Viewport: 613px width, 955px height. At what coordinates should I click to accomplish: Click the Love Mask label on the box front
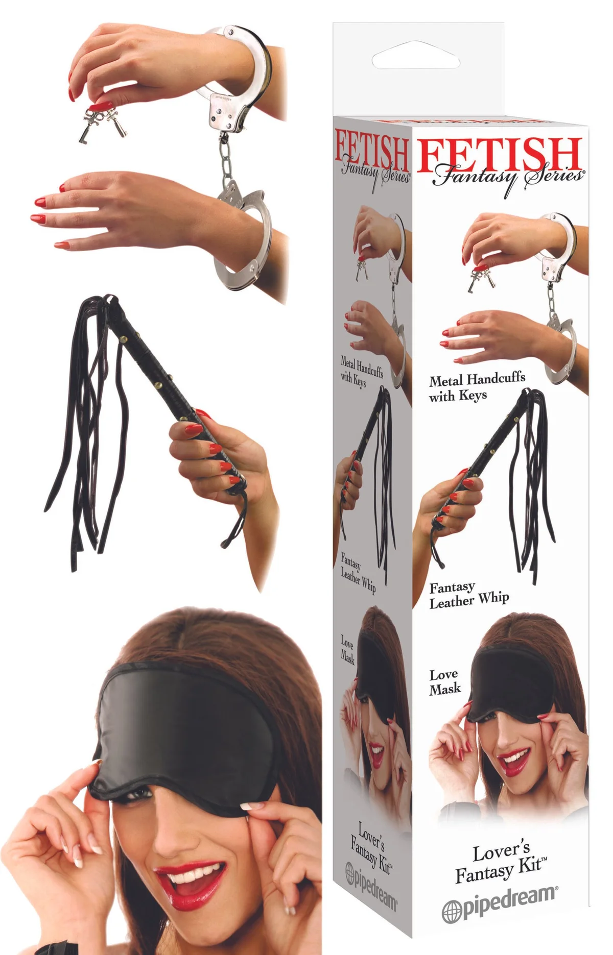[444, 681]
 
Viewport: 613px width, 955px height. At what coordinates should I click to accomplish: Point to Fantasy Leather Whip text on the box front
[468, 595]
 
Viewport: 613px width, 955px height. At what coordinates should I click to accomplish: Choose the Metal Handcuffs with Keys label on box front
[477, 387]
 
